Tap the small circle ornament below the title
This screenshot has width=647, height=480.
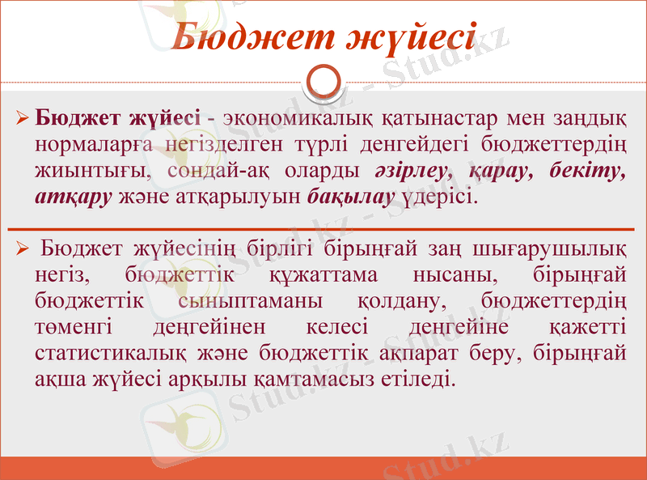tap(323, 81)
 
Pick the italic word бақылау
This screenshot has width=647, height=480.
tap(351, 197)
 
